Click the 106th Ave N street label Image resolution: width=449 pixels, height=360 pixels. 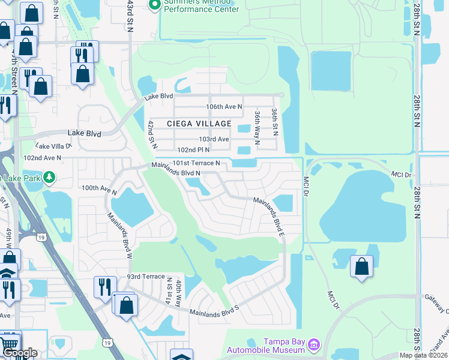click(x=224, y=107)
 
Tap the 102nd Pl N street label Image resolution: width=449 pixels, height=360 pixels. click(x=193, y=150)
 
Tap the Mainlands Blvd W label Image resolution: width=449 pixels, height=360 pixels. click(x=119, y=235)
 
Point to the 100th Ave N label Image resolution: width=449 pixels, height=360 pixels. click(x=99, y=188)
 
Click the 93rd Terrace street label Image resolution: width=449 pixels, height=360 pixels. click(x=145, y=277)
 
